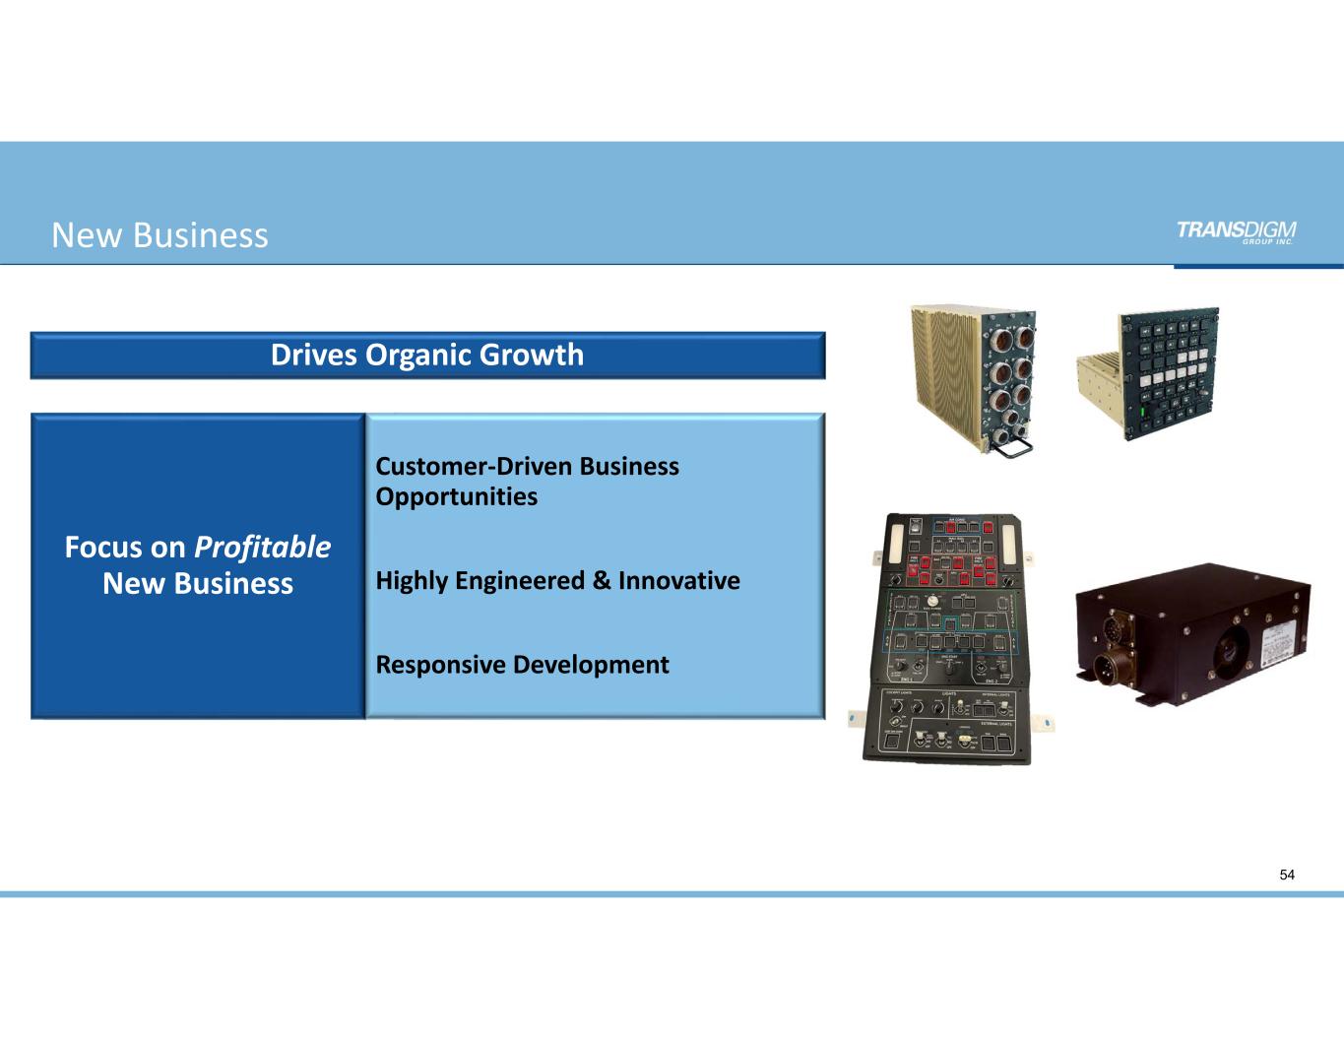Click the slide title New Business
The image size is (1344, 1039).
point(160,235)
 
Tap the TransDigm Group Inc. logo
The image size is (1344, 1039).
point(1236,231)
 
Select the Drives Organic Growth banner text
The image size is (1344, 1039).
point(427,355)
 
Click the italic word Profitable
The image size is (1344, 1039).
point(262,547)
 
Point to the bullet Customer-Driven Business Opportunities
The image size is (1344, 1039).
point(527,481)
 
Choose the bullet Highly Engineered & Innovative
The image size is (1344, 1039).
point(557,581)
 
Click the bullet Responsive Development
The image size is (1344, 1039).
point(522,665)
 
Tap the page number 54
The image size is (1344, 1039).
point(1287,875)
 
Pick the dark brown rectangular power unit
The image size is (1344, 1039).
point(1191,635)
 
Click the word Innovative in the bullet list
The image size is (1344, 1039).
point(678,581)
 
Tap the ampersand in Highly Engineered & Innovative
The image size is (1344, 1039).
point(601,581)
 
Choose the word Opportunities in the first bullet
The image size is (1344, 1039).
point(457,496)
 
